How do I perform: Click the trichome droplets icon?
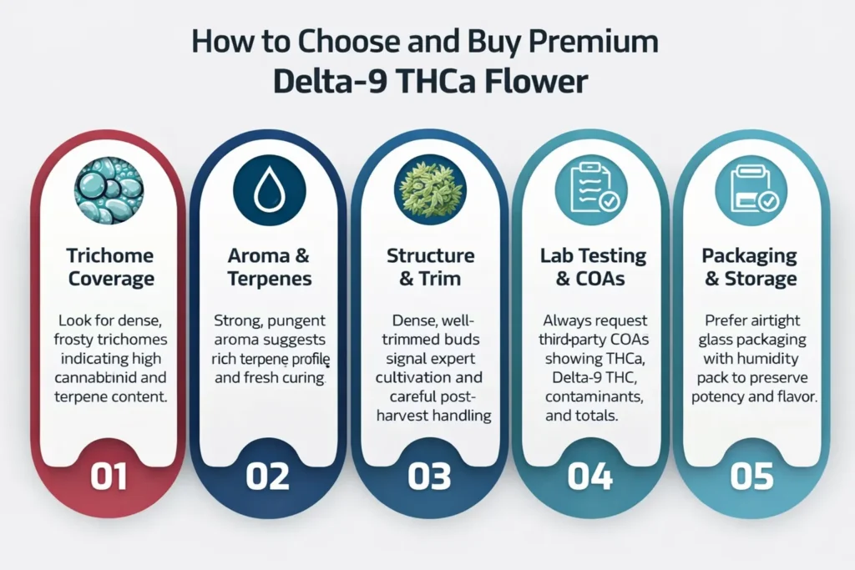(x=108, y=191)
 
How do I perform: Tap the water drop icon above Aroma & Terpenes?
(x=268, y=191)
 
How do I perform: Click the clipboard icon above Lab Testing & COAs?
(x=590, y=191)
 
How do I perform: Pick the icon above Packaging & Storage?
(x=751, y=191)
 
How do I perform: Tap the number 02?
(x=268, y=477)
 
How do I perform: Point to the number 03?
(x=430, y=477)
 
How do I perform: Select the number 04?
(x=590, y=477)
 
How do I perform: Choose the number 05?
(x=751, y=477)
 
